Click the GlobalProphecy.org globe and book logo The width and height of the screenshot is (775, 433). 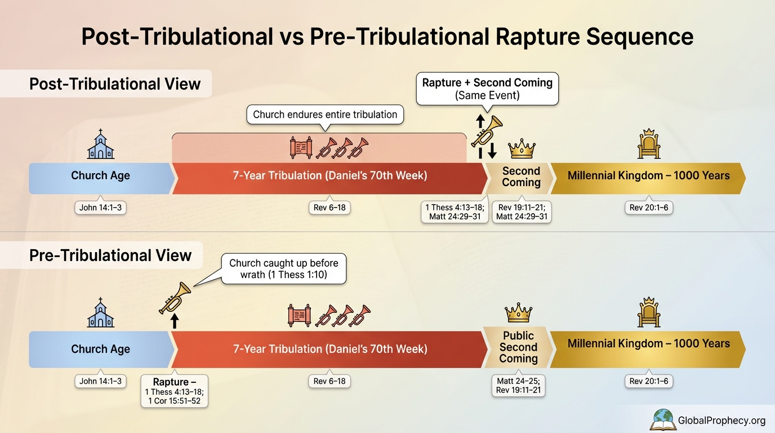click(663, 419)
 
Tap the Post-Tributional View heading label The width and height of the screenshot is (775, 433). click(114, 84)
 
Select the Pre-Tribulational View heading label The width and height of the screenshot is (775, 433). click(110, 255)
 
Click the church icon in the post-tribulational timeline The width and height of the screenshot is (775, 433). click(101, 144)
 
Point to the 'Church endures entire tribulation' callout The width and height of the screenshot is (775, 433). click(325, 115)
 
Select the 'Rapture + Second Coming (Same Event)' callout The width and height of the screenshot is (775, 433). click(487, 89)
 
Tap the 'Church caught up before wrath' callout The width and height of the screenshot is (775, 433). click(283, 269)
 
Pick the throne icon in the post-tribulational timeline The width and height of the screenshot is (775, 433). click(648, 144)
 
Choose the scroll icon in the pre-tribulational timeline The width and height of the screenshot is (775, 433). click(299, 316)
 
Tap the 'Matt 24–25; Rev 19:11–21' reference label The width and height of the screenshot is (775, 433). click(518, 386)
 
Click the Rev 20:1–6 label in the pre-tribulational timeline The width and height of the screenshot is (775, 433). click(648, 382)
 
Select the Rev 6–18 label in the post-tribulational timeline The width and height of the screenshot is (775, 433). click(329, 208)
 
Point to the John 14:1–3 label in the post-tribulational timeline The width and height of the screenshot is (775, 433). click(100, 208)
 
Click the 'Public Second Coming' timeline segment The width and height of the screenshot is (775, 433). click(518, 347)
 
